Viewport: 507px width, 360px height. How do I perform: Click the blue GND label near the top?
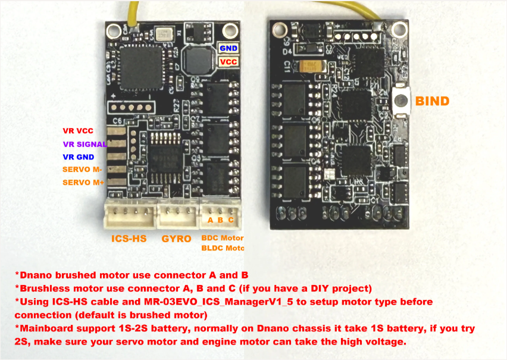pyautogui.click(x=227, y=48)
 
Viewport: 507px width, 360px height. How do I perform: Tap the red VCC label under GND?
pyautogui.click(x=227, y=61)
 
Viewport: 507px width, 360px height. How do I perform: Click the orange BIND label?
pyautogui.click(x=432, y=101)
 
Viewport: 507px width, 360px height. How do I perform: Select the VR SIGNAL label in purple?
pyautogui.click(x=84, y=144)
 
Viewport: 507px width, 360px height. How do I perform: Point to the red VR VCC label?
pyautogui.click(x=78, y=131)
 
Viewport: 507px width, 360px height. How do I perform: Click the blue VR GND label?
pyautogui.click(x=78, y=157)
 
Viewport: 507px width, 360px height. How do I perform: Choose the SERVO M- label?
pyautogui.click(x=82, y=170)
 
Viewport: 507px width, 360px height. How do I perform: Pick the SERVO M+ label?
pyautogui.click(x=83, y=183)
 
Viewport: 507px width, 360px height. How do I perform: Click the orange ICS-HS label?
pyautogui.click(x=129, y=239)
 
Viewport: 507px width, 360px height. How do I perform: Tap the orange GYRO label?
pyautogui.click(x=176, y=239)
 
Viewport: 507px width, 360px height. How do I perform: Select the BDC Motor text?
pyautogui.click(x=222, y=238)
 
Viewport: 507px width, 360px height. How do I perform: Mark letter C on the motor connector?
pyautogui.click(x=231, y=220)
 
